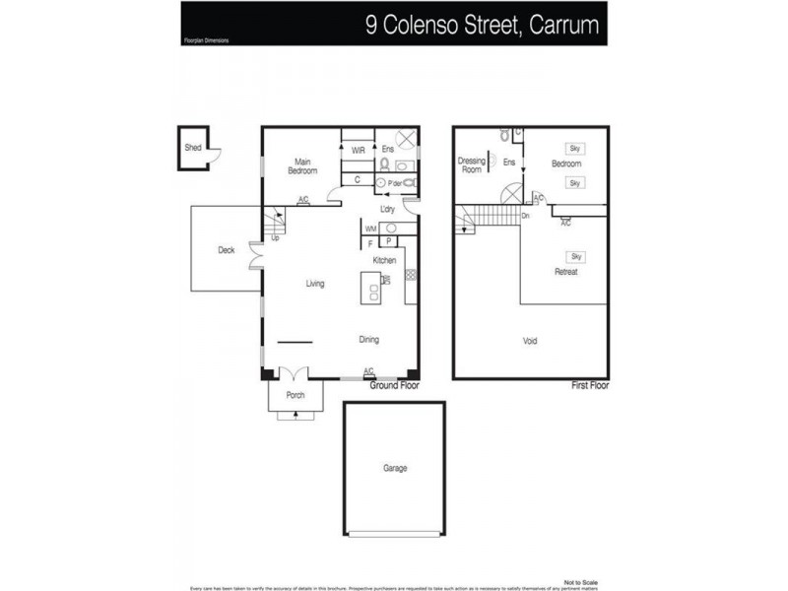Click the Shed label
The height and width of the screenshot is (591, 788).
click(x=192, y=149)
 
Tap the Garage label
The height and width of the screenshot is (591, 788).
click(x=394, y=469)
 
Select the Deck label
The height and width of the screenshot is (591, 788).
click(x=227, y=250)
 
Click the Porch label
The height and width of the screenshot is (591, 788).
click(x=295, y=395)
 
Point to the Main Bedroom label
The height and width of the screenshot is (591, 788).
click(x=302, y=165)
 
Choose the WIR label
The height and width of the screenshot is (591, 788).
click(x=359, y=150)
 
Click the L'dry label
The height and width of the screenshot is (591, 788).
click(x=387, y=210)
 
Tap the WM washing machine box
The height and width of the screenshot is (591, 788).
click(x=370, y=229)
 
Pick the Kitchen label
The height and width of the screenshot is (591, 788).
click(x=384, y=260)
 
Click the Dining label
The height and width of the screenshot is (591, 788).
click(x=368, y=340)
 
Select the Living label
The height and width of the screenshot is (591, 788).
click(x=315, y=284)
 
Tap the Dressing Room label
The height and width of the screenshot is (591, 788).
click(x=471, y=164)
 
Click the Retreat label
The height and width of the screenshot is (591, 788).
click(x=565, y=271)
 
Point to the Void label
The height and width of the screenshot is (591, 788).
click(x=530, y=341)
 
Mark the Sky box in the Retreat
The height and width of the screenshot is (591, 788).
click(x=576, y=256)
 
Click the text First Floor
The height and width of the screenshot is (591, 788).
click(x=590, y=386)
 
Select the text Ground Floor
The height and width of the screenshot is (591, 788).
click(x=394, y=386)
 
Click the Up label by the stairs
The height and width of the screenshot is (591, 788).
click(x=275, y=237)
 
